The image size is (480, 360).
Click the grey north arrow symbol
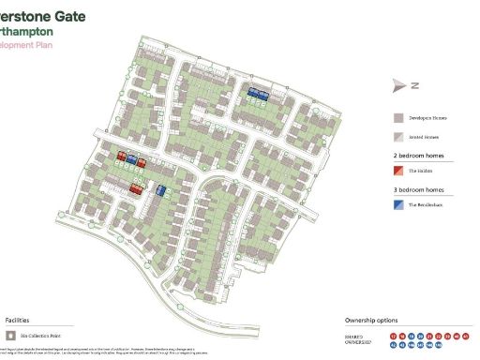(399, 85)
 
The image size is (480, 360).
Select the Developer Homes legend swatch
(397, 119)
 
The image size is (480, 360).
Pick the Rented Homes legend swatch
(397, 137)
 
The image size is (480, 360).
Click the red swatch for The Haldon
(397, 172)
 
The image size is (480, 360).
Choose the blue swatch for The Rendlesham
(397, 204)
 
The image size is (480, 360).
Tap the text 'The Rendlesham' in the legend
(424, 204)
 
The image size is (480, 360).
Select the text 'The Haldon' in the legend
(418, 172)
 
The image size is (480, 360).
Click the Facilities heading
(22, 320)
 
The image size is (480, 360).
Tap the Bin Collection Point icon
(10, 334)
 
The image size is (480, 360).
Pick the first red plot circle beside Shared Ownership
(391, 335)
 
